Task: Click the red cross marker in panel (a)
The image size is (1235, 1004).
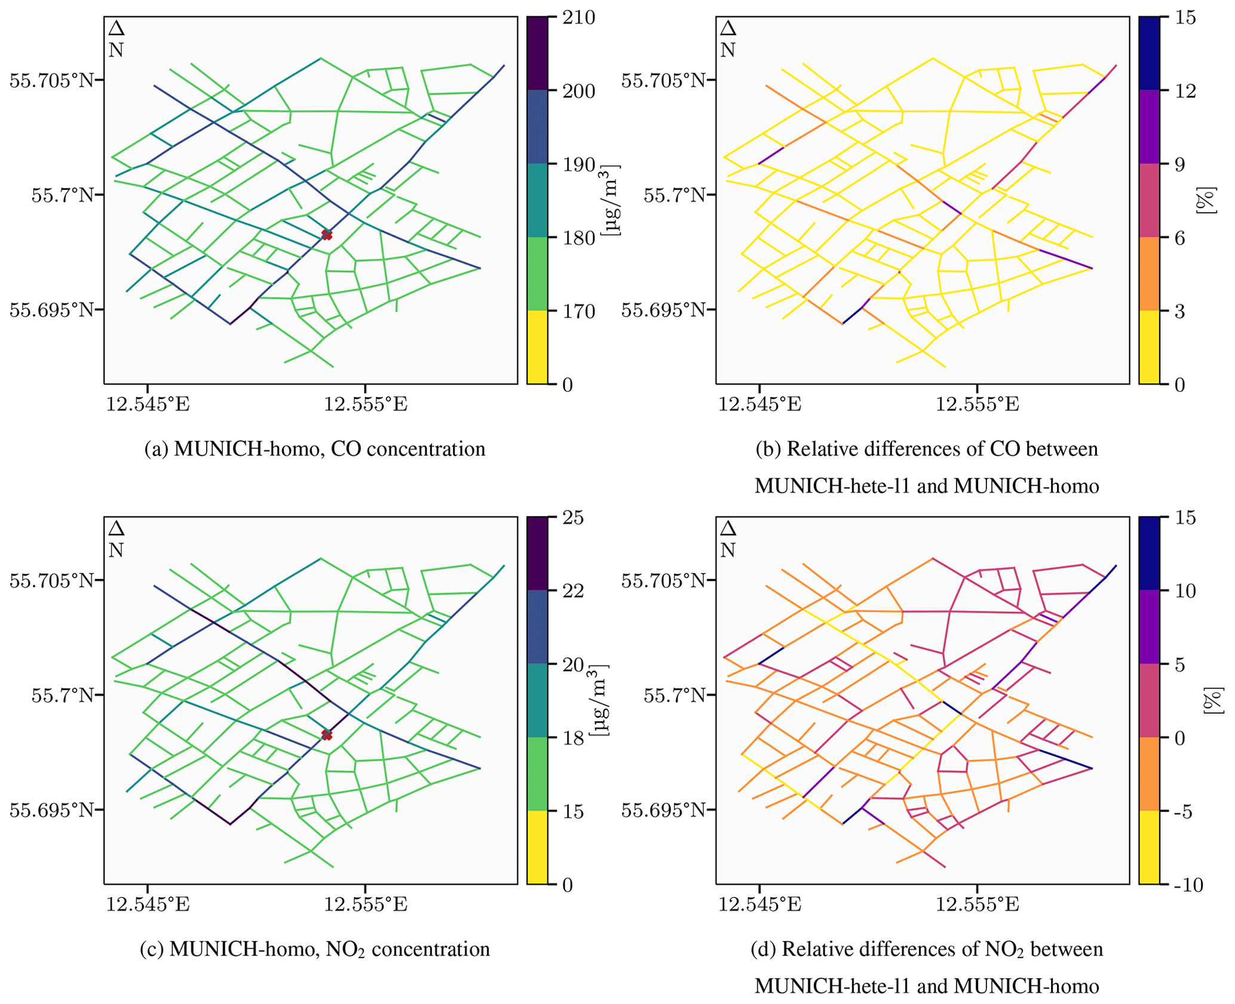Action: point(326,234)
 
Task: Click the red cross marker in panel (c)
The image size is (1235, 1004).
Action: point(326,734)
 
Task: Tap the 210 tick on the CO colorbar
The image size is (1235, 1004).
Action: point(579,18)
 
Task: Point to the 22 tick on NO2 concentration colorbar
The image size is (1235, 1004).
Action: point(573,591)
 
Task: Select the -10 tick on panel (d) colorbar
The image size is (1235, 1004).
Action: point(1188,885)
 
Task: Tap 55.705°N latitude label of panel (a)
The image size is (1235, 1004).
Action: point(52,80)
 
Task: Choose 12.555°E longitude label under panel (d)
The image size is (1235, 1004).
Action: point(977,904)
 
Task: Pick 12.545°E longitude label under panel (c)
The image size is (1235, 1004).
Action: point(148,904)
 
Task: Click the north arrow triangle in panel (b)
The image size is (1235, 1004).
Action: point(727,29)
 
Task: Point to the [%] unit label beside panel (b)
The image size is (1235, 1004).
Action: point(1206,201)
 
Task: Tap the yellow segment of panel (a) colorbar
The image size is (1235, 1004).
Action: point(537,347)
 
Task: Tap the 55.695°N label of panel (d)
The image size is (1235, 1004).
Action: point(664,810)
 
